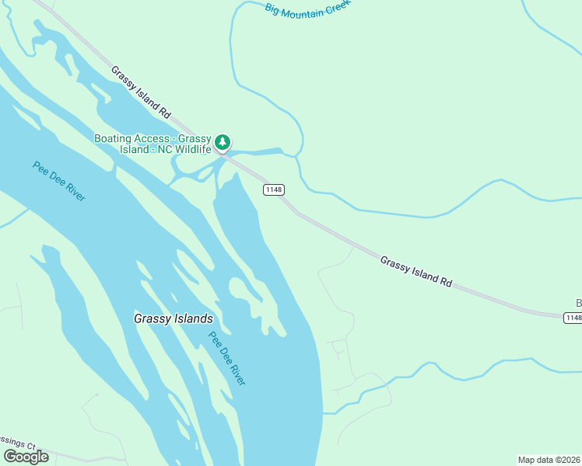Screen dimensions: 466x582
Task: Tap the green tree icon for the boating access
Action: [x=223, y=142]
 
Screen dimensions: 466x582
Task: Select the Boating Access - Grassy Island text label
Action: [x=153, y=144]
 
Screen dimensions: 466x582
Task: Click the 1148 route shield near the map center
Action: [x=273, y=190]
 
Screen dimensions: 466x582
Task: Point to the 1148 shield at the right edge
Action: [x=573, y=317]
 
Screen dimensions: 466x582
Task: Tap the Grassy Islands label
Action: [x=173, y=318]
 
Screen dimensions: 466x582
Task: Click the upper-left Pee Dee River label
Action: [x=59, y=181]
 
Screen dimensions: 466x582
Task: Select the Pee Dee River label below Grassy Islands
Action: [x=227, y=358]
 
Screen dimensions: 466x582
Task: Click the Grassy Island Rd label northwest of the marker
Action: [x=140, y=92]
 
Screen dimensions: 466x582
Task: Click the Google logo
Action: [x=25, y=457]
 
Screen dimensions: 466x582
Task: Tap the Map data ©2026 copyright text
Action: [x=549, y=460]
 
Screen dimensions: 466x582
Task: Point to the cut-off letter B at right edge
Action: [x=578, y=303]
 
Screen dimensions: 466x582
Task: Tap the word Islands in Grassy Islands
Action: [x=193, y=318]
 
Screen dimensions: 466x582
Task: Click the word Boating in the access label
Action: [x=114, y=138]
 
